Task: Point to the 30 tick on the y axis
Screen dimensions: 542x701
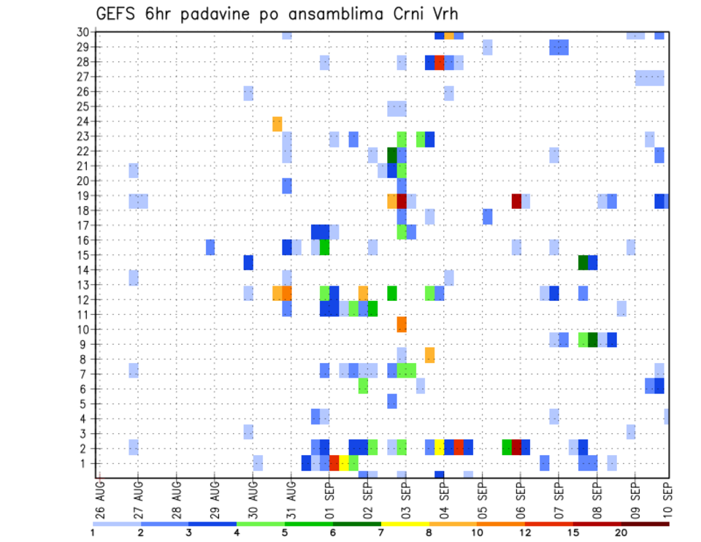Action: pos(85,32)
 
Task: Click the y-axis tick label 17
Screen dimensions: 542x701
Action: pos(85,226)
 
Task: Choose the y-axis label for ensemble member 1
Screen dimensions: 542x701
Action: pos(87,463)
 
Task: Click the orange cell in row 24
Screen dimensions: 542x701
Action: pos(277,123)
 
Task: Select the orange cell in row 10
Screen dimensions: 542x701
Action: pos(402,324)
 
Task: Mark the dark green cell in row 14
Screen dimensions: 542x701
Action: pos(583,262)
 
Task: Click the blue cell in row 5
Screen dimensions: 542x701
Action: pos(392,401)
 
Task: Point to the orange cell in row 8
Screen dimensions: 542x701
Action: pos(430,355)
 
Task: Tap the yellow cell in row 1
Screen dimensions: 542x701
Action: pos(344,463)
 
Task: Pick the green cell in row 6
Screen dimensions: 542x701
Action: pos(363,386)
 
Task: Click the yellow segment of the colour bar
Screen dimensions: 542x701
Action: pos(405,524)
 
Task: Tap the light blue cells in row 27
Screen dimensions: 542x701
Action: pos(649,77)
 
